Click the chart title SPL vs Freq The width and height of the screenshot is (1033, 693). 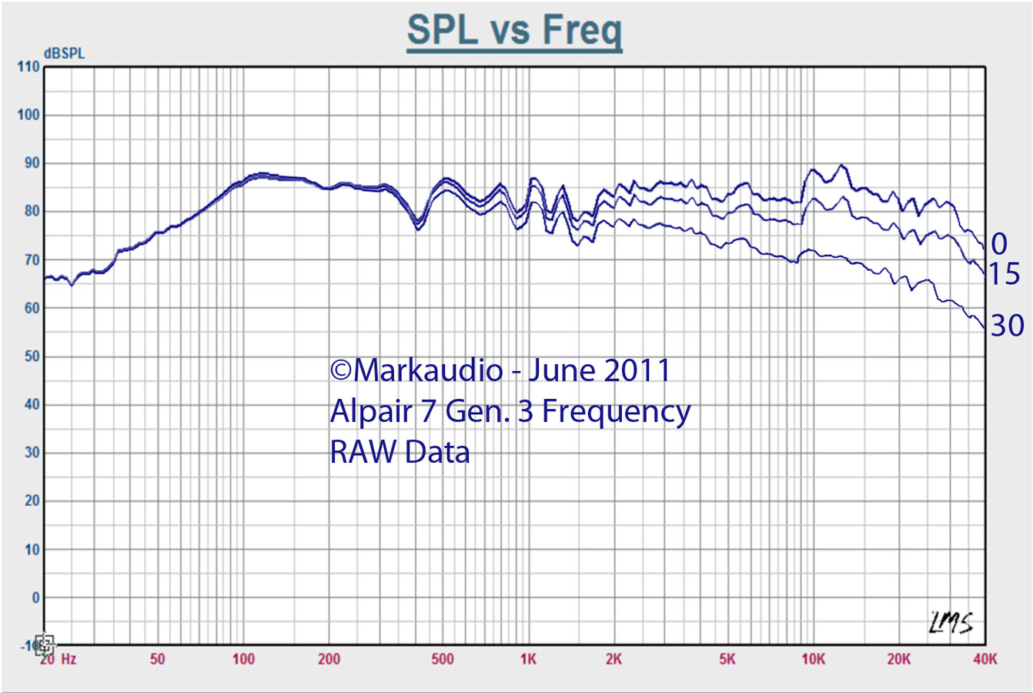click(514, 31)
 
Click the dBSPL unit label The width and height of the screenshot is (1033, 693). click(65, 54)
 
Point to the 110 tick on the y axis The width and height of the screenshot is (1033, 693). click(28, 67)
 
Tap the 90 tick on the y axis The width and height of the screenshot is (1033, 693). click(31, 163)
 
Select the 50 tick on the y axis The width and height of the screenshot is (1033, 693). click(31, 357)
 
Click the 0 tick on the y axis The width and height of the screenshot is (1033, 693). click(35, 598)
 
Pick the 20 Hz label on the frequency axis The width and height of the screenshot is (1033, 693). click(58, 659)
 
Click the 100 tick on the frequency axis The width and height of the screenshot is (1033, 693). click(243, 659)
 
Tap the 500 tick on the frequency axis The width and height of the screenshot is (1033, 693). click(443, 659)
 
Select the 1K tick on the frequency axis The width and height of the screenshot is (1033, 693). click(528, 659)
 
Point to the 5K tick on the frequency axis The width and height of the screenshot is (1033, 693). click(727, 659)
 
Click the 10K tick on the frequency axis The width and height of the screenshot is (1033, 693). click(813, 659)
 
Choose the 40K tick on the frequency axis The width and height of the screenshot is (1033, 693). click(985, 659)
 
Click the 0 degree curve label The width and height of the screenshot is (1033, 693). click(998, 244)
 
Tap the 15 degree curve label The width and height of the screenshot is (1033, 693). click(1004, 274)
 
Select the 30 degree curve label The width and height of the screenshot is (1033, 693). click(1007, 326)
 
